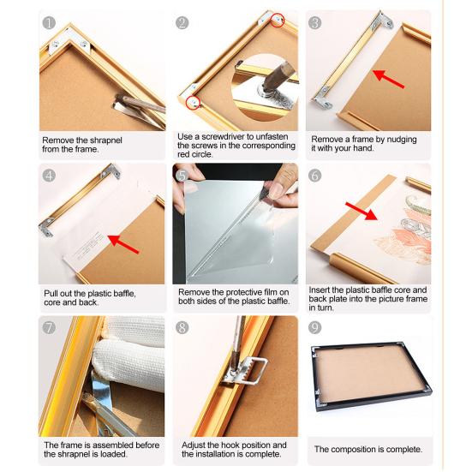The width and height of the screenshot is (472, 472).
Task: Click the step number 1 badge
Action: tap(49, 23)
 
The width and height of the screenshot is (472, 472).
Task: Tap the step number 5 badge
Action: tap(182, 176)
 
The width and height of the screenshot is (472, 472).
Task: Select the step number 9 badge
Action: tap(315, 328)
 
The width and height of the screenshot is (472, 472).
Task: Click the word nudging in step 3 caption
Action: tap(402, 140)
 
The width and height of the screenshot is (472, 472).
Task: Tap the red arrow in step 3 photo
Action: tap(388, 79)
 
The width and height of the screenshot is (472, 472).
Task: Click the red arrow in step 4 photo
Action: tap(122, 244)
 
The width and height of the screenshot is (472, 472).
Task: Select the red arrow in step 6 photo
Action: tap(361, 211)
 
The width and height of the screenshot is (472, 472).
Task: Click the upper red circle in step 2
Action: tap(278, 21)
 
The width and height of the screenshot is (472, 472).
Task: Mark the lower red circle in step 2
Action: tap(194, 103)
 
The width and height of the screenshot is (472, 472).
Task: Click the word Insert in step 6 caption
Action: tap(319, 290)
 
